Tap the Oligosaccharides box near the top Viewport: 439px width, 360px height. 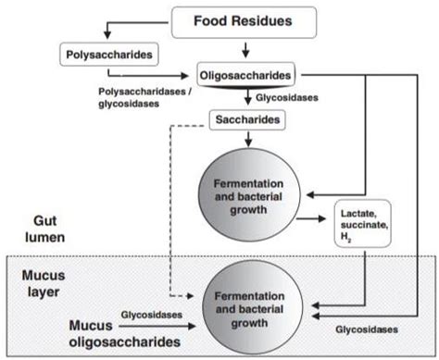247,72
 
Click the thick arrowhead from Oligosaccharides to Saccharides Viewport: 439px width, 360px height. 248,100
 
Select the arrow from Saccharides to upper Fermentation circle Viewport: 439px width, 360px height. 248,140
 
